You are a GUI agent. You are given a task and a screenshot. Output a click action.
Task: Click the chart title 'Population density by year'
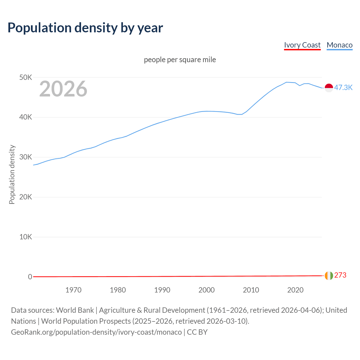(85, 28)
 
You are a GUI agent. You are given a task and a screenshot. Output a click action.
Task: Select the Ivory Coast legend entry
(302, 45)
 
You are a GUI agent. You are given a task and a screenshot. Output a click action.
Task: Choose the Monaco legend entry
(339, 45)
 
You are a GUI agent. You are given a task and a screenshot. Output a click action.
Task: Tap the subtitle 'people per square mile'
(180, 60)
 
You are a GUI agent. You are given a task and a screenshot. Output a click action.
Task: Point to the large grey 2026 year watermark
(63, 89)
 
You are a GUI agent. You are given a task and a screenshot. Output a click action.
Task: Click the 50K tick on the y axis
(26, 77)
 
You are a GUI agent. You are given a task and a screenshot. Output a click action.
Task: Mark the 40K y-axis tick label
(26, 117)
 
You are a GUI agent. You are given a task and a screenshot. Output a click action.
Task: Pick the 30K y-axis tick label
(26, 157)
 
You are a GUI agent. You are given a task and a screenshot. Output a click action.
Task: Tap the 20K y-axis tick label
(26, 197)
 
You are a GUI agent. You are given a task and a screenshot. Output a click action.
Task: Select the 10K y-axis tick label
(26, 237)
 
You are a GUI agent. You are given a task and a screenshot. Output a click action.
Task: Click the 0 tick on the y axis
(30, 277)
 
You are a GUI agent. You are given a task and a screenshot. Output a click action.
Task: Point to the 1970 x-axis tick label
(73, 290)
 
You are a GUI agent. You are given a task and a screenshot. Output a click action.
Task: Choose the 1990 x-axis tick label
(162, 290)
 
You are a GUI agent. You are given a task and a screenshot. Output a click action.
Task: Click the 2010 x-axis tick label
(251, 290)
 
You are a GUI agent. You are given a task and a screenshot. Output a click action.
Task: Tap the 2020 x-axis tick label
(295, 290)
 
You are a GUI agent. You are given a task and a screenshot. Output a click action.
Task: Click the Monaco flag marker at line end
(329, 88)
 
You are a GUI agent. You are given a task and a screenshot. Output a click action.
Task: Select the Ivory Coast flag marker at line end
(329, 276)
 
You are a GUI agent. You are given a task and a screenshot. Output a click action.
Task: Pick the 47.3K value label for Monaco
(343, 87)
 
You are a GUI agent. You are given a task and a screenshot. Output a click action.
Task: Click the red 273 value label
(340, 275)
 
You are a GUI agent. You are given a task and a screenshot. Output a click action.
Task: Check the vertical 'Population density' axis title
(12, 174)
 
